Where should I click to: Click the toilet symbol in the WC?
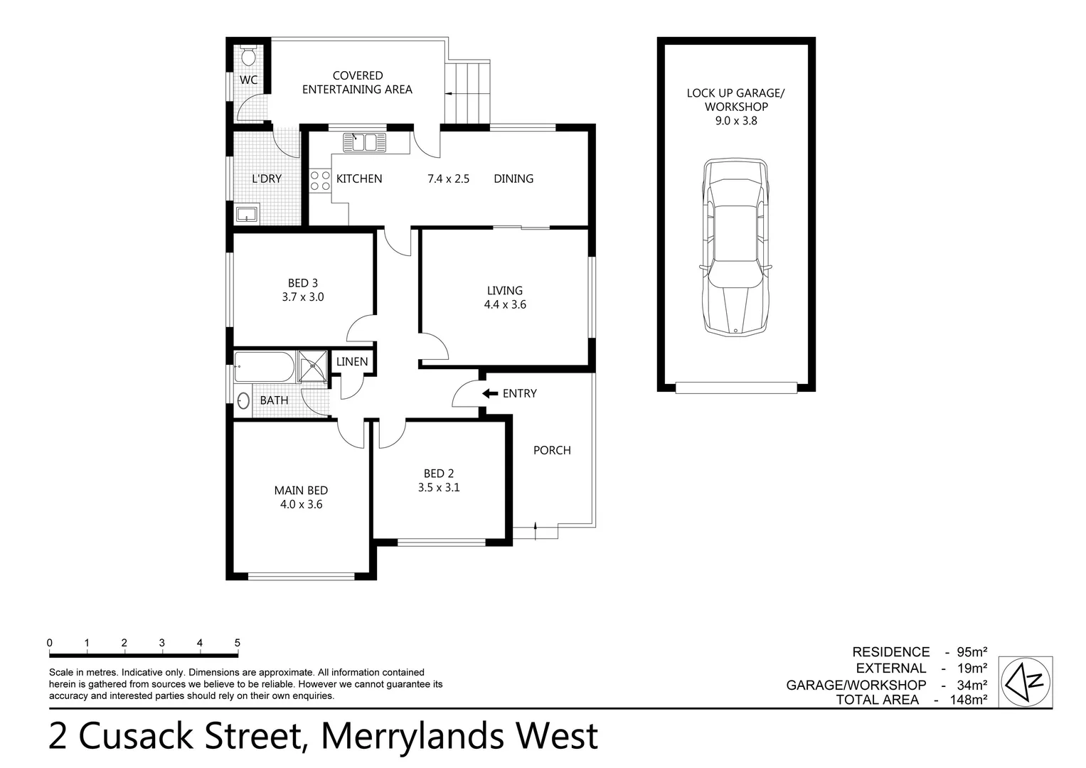click(x=248, y=55)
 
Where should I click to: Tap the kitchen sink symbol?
click(x=363, y=142)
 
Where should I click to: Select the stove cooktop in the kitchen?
click(x=320, y=181)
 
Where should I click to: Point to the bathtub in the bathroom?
click(x=263, y=368)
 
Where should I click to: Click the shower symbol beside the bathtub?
click(x=312, y=367)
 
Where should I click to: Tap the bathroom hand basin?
click(x=244, y=401)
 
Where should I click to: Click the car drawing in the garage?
click(x=735, y=247)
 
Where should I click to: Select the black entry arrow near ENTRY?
click(x=489, y=393)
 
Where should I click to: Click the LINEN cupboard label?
click(x=352, y=362)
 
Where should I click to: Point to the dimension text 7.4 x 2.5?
click(x=448, y=179)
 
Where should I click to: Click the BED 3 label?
click(x=303, y=283)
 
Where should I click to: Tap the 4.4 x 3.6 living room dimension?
click(x=505, y=305)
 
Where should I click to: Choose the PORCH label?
click(x=552, y=450)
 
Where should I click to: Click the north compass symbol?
click(x=1026, y=681)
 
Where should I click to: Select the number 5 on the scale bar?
click(x=238, y=643)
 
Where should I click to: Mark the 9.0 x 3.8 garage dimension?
click(x=736, y=121)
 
